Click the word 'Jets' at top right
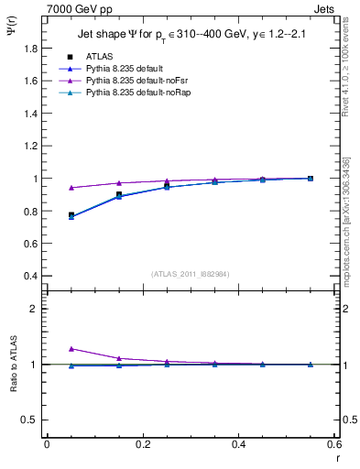325,7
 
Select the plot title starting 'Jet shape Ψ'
190,36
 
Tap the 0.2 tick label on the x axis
142,445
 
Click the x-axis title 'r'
336,457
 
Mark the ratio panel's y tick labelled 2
34,309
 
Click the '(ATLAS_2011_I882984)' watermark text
190,274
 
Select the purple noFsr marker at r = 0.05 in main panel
71,188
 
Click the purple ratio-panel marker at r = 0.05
71,349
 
